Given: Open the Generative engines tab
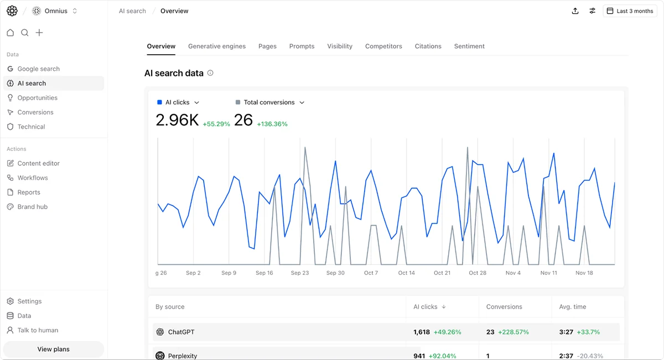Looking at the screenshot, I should pos(217,46).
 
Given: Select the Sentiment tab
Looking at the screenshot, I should pos(469,46).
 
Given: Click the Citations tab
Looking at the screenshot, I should pos(428,46).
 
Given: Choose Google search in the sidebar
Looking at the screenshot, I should pos(38,69).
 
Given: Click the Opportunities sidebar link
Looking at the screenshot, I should pos(37,98).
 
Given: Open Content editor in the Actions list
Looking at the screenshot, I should pos(38,164).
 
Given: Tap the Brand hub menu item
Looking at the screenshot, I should pos(32,207).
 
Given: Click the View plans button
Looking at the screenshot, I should pos(54,349).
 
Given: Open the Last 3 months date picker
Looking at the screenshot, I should pos(630,11).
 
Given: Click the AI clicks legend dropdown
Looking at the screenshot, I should pos(178,102).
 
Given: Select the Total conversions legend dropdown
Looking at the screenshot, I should pos(270,102).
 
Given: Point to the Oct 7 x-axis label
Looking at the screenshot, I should pos(371,273).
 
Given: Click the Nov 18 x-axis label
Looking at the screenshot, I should pos(584,273).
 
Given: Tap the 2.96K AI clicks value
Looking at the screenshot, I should pos(177,120).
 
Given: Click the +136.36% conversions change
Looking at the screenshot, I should pos(272,124).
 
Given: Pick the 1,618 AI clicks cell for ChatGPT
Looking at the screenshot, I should pos(422,332).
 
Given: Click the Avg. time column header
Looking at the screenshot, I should pos(573,307).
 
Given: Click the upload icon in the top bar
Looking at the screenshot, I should pos(575,11).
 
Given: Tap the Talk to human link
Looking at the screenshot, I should pos(38,331).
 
